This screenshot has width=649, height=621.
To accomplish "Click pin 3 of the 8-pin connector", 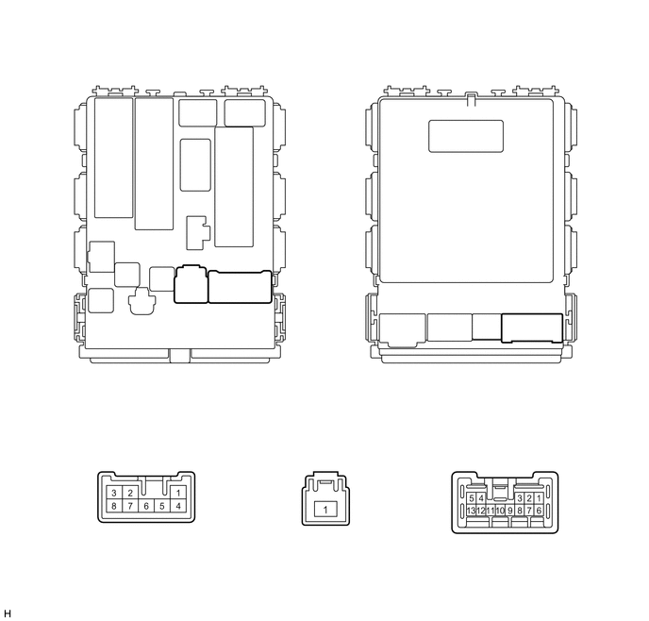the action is click(114, 493).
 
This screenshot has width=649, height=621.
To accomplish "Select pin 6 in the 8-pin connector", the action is click(146, 506).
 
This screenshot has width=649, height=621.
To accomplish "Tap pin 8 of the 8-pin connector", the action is click(114, 506).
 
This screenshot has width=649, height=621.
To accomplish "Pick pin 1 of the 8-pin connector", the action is click(178, 493).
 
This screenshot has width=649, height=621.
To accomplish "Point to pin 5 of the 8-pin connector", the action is click(162, 506).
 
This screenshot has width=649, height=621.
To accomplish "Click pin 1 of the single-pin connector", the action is click(325, 510).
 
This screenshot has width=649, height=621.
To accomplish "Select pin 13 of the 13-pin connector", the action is click(471, 511).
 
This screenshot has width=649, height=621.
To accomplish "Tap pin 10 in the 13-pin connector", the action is click(500, 511).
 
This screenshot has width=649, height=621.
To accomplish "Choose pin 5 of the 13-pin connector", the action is click(471, 498).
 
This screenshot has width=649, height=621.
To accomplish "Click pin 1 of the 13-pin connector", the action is click(539, 498).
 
